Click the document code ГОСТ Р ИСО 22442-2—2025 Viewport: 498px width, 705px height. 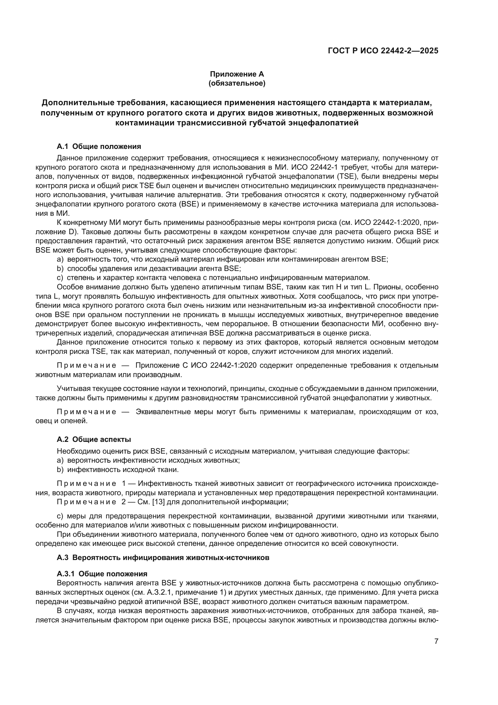(x=383, y=51)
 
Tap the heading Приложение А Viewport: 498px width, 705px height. (x=237, y=74)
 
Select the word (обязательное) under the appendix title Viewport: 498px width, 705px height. (x=237, y=83)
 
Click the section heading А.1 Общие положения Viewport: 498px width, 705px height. (x=99, y=146)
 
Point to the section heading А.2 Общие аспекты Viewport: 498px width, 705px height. (x=94, y=439)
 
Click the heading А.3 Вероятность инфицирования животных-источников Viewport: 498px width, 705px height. (x=163, y=558)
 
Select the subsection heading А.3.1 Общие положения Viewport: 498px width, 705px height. (x=102, y=574)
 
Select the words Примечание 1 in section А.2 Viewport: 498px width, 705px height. (x=91, y=483)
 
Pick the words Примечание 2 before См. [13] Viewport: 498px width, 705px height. (x=91, y=502)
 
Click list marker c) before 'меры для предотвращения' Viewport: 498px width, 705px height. (x=60, y=516)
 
